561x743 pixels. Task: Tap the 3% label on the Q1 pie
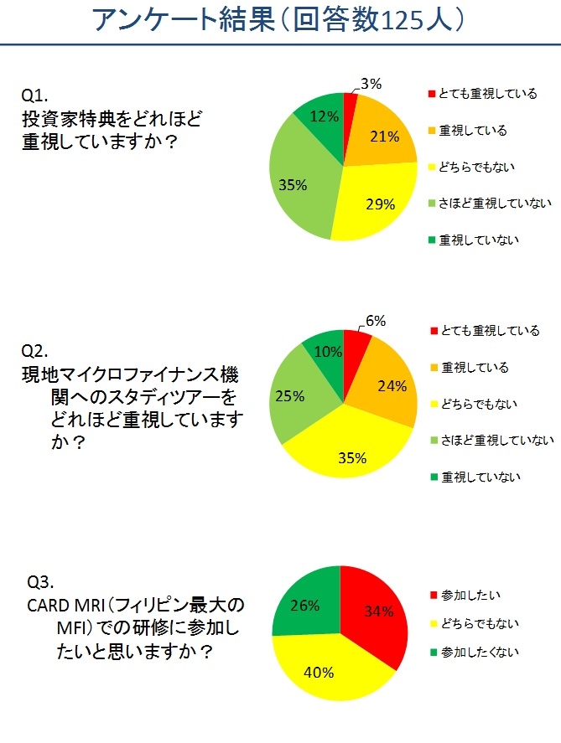[x=371, y=84]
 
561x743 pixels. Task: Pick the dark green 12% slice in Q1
[x=323, y=117]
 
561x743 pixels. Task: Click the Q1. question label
[x=37, y=94]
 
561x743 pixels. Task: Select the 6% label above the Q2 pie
[x=375, y=321]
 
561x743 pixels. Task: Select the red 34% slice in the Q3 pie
[x=377, y=611]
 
